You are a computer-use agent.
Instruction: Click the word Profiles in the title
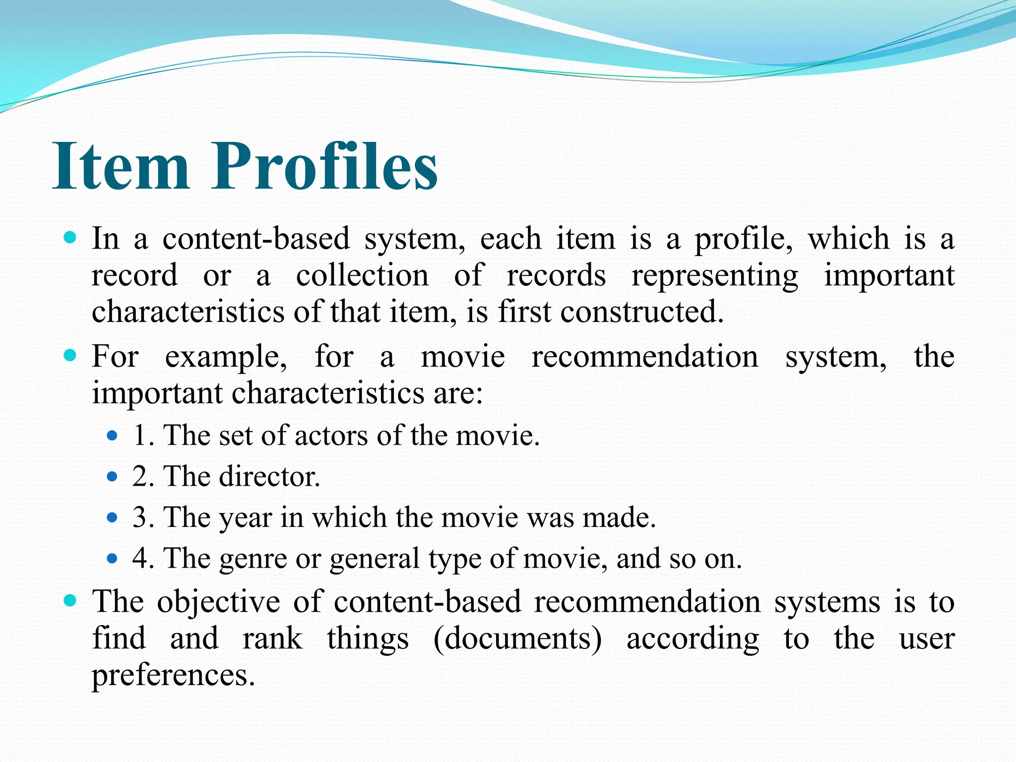[x=325, y=166]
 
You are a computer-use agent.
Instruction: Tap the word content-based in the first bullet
[x=256, y=239]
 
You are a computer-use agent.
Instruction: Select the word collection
[x=362, y=275]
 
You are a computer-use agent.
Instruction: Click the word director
[x=269, y=477]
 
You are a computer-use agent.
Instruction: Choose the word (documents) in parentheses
[x=517, y=639]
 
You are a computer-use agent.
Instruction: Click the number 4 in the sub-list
[x=140, y=559]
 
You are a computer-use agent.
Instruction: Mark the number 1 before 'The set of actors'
[x=140, y=436]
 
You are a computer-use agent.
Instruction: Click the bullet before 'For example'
[x=70, y=355]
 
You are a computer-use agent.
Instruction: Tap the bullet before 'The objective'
[x=70, y=601]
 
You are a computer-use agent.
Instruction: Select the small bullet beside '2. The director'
[x=112, y=477]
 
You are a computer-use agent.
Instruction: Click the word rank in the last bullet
[x=272, y=639]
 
